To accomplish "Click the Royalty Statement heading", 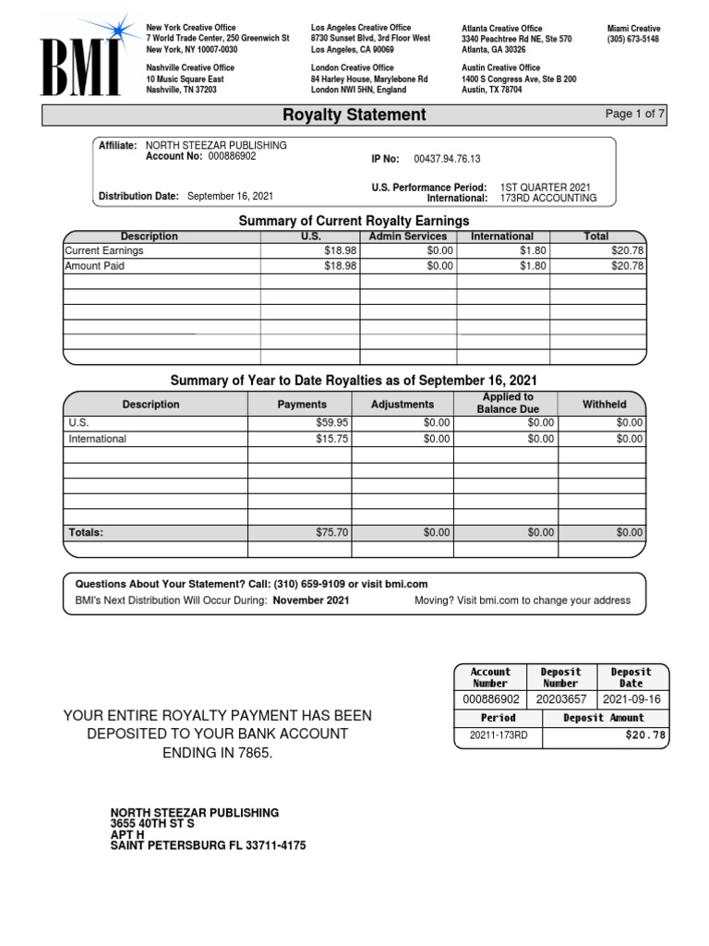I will [354, 115].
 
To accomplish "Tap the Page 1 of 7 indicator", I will [635, 114].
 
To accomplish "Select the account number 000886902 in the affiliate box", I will [232, 157].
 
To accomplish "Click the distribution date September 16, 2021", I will [230, 196].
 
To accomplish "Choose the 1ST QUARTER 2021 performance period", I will [545, 187].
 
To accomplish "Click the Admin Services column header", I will [407, 236].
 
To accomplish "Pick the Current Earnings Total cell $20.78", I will [627, 250].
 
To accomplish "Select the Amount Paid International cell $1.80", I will [534, 266].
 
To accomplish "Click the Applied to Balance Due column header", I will [508, 403].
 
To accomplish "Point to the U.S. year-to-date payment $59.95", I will [331, 423].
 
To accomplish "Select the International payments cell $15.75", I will [331, 439].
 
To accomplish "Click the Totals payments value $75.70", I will [331, 532].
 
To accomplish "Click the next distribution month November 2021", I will [311, 600].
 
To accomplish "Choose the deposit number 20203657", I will [560, 700].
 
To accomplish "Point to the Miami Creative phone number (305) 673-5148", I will [632, 40].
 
